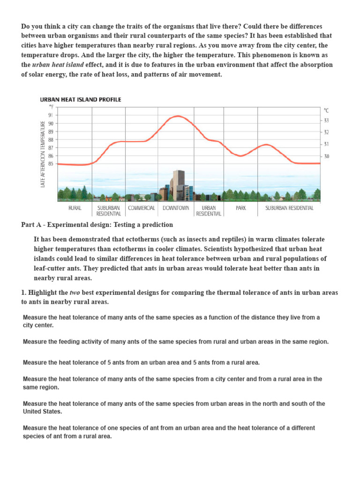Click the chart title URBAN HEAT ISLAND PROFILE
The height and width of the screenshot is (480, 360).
pyautogui.click(x=80, y=99)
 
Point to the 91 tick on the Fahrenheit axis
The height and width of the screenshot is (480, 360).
pyautogui.click(x=50, y=115)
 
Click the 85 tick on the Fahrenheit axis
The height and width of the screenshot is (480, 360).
pyautogui.click(x=50, y=164)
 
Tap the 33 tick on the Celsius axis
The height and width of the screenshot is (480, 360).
pyautogui.click(x=326, y=120)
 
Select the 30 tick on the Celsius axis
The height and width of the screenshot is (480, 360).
pyautogui.click(x=326, y=156)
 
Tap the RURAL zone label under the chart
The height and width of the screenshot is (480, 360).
pyautogui.click(x=75, y=208)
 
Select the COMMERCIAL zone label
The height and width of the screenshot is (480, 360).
pyautogui.click(x=142, y=208)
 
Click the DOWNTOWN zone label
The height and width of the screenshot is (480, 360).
pyautogui.click(x=176, y=208)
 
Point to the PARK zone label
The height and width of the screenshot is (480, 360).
pyautogui.click(x=241, y=208)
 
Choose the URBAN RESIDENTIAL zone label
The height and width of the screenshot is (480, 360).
pyautogui.click(x=209, y=210)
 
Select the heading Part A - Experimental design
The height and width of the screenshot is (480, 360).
pyautogui.click(x=97, y=225)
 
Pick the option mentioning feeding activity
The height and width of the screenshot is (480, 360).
pyautogui.click(x=176, y=342)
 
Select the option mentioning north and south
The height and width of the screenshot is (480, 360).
pyautogui.click(x=174, y=407)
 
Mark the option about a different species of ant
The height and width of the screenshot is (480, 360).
pyautogui.click(x=169, y=432)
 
